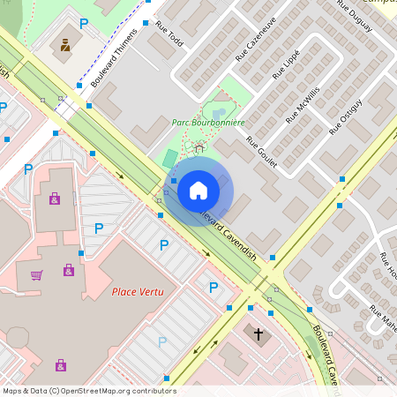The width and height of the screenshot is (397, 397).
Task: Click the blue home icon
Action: click(x=198, y=190)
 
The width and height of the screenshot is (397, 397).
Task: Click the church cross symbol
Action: click(x=258, y=333)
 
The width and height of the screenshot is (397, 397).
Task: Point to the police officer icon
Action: click(x=64, y=43)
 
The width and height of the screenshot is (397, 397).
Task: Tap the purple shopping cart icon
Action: click(x=36, y=275)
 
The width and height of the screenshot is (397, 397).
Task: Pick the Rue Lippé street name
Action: click(x=286, y=64)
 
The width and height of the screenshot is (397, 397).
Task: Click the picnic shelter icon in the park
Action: click(x=199, y=148)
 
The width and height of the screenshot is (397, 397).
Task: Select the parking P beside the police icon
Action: click(x=84, y=24)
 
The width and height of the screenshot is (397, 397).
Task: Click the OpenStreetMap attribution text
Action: click(x=89, y=390)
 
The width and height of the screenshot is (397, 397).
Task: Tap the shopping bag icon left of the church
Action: click(x=61, y=364)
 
